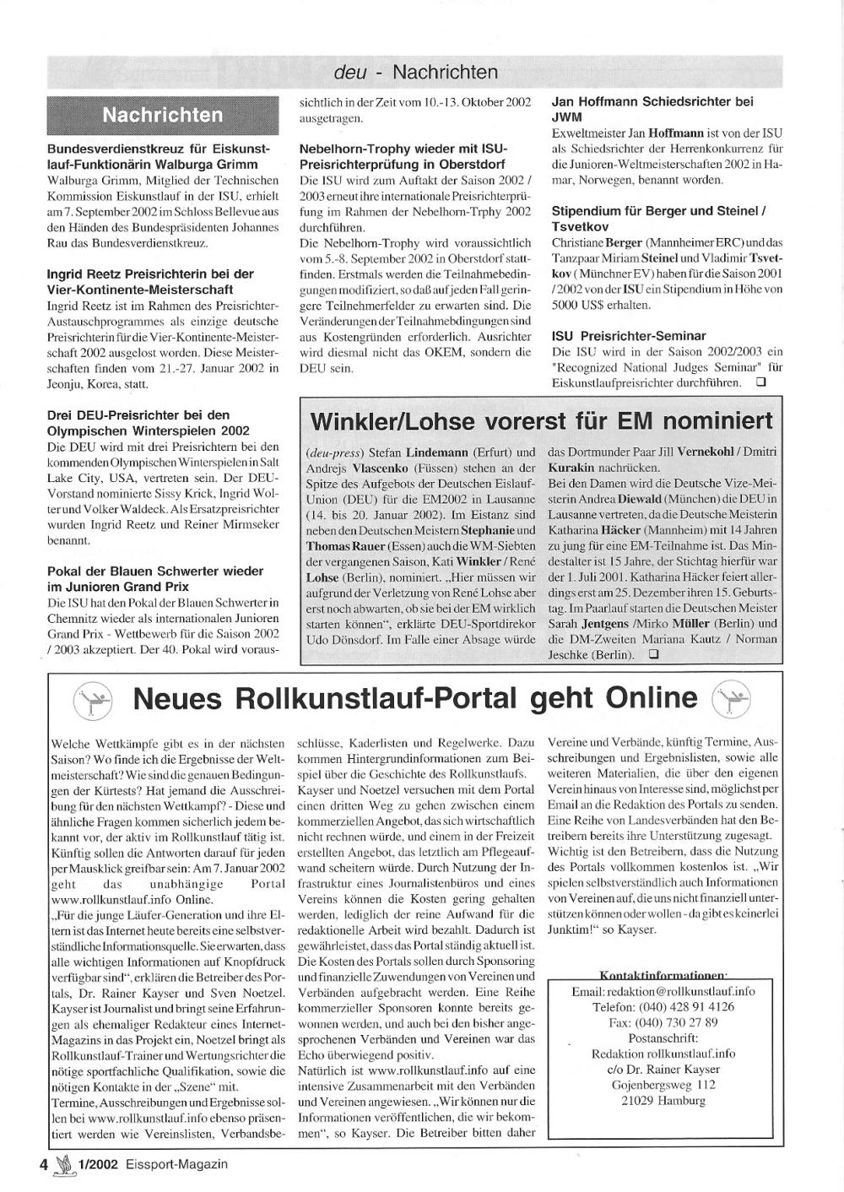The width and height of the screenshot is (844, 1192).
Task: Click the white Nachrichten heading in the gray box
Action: pyautogui.click(x=163, y=115)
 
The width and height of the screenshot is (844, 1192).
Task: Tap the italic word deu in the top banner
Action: pyautogui.click(x=350, y=73)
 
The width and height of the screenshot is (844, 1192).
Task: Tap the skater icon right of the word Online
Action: pyautogui.click(x=731, y=699)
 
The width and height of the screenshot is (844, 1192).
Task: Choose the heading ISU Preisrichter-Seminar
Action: pyautogui.click(x=629, y=335)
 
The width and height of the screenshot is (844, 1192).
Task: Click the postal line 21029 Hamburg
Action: pyautogui.click(x=663, y=1101)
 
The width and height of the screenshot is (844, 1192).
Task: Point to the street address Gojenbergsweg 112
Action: pyautogui.click(x=663, y=1085)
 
